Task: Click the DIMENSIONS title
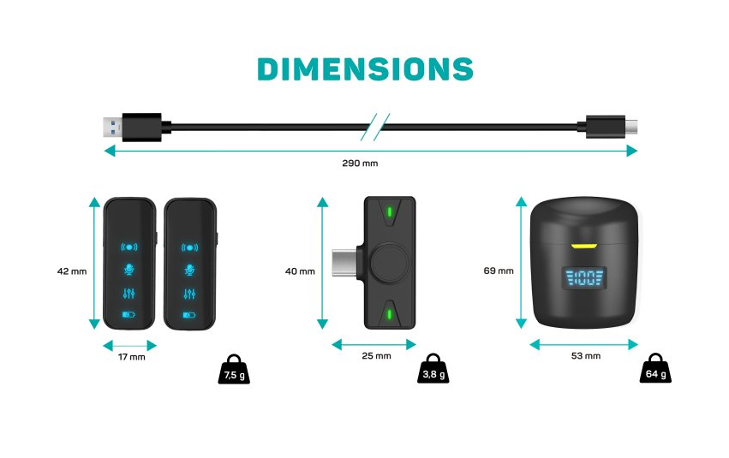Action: [365, 68]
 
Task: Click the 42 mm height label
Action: [72, 271]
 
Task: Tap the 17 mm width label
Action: [130, 357]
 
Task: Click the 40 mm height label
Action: [299, 271]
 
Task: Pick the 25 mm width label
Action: [375, 355]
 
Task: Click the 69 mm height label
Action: [499, 271]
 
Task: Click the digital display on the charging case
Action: [583, 278]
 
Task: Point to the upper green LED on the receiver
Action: [390, 212]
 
